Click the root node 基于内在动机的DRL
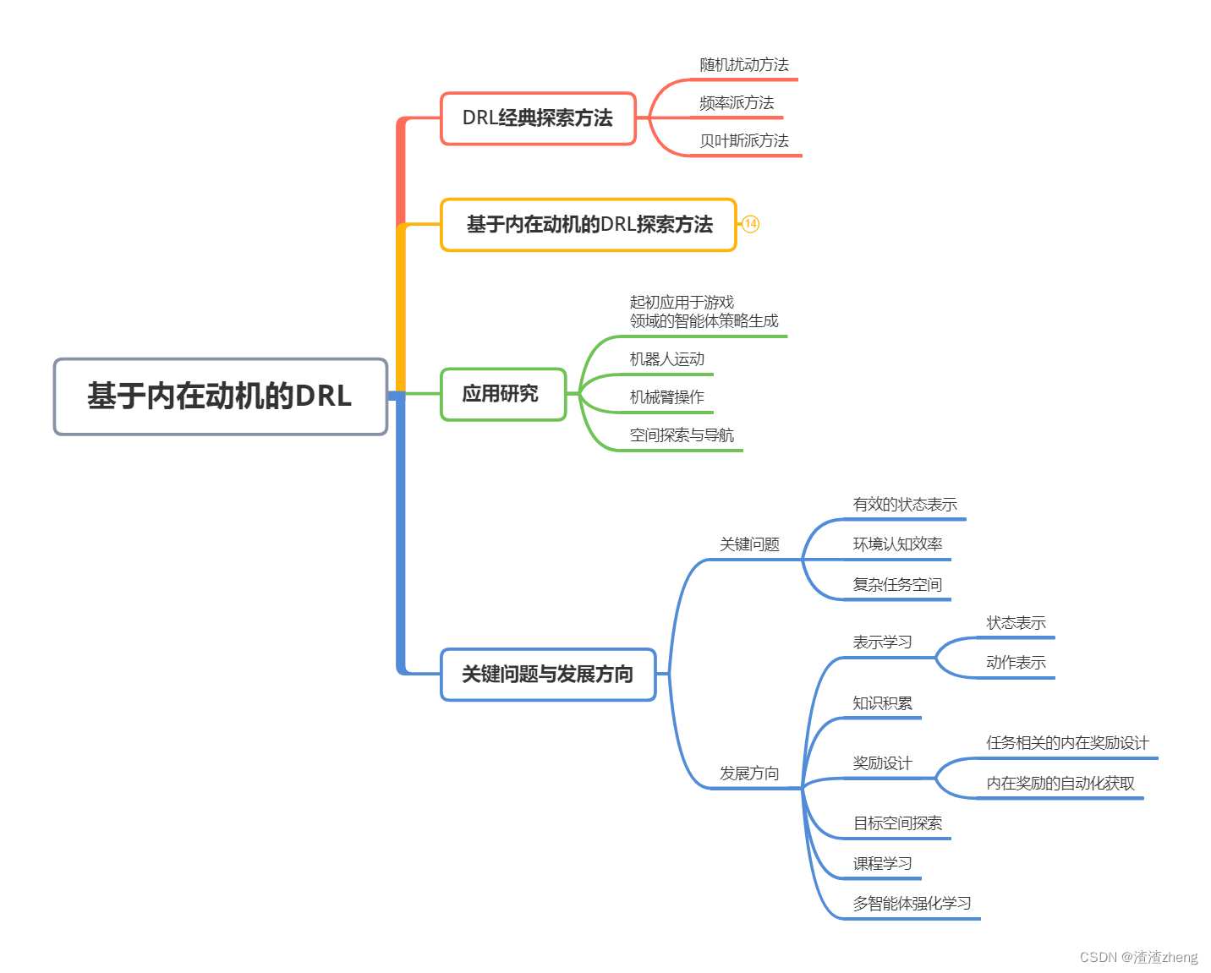220,396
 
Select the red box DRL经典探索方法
538,118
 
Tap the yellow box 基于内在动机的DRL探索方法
589,225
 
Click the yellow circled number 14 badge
750,224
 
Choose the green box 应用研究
502,394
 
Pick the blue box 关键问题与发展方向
548,675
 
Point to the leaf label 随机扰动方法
744,65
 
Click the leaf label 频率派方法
737,103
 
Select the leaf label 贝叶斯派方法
744,141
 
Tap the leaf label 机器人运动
667,359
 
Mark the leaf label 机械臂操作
667,397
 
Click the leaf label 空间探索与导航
682,435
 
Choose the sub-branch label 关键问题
749,544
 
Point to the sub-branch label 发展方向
749,773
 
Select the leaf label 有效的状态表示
905,505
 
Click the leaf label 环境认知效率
897,544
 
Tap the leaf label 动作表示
1016,663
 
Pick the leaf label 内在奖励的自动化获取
1060,784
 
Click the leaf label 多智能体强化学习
912,904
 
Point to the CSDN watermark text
1138,957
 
